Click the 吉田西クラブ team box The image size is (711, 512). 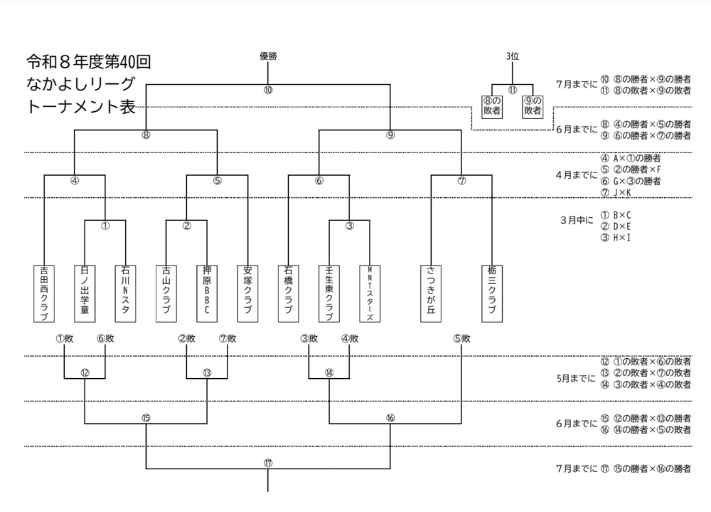(44, 293)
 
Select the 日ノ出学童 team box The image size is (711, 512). (85, 293)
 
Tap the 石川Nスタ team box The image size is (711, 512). (126, 293)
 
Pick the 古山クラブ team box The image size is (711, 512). (166, 293)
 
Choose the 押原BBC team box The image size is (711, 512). (207, 293)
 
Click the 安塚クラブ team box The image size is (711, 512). (247, 293)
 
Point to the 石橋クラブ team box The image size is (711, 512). (288, 293)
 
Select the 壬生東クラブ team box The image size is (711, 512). (328, 293)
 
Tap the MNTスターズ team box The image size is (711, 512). (370, 293)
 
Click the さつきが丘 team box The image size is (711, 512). (431, 293)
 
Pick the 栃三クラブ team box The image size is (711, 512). (491, 293)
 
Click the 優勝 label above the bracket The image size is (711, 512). (267, 56)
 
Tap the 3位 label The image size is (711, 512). (512, 56)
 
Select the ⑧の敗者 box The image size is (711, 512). (491, 106)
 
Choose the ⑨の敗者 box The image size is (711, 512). (533, 106)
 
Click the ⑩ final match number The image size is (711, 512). (267, 90)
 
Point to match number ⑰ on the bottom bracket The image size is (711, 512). (267, 462)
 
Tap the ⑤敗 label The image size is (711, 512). (461, 339)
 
